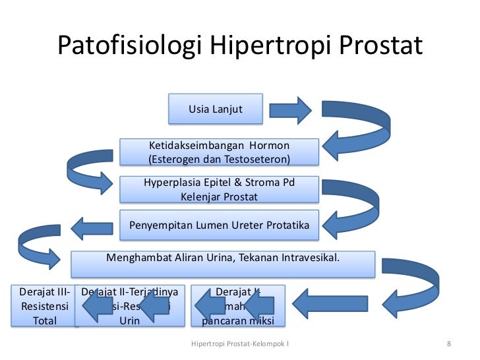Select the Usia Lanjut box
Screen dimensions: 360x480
216,109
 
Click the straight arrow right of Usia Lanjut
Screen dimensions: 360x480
290,109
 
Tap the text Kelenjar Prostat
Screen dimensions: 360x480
218,196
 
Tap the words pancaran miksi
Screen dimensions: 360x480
237,321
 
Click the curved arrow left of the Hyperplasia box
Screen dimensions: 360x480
90,168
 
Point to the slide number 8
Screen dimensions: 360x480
448,344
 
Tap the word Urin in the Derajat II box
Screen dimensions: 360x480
129,321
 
